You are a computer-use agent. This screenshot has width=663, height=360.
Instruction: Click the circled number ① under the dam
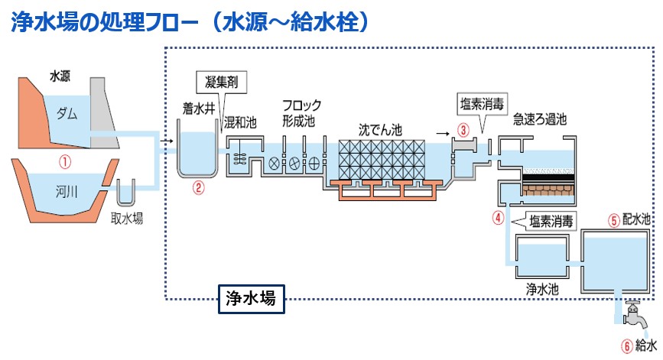point(65,162)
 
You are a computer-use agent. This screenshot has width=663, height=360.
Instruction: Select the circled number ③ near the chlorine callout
point(463,129)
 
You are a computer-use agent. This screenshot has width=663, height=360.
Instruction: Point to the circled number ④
point(498,218)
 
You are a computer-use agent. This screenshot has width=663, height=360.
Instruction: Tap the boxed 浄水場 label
point(252,298)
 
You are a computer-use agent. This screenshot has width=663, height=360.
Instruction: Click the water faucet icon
point(632,313)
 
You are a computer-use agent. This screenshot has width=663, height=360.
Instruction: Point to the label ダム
point(67,114)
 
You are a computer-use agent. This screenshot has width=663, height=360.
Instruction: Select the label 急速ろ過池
point(540,120)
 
